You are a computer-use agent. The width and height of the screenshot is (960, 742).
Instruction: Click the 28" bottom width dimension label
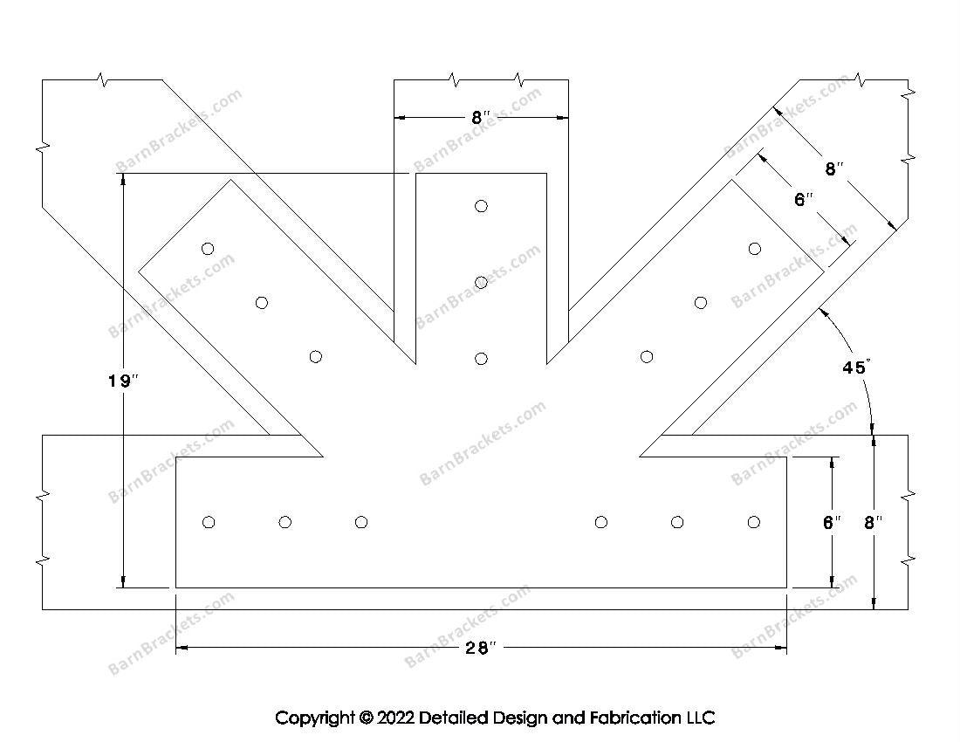point(481,647)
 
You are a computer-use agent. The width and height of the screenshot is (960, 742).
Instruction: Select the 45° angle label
point(854,368)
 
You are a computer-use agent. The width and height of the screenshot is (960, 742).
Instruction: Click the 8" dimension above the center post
point(481,118)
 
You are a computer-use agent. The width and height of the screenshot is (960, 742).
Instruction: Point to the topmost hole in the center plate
point(481,206)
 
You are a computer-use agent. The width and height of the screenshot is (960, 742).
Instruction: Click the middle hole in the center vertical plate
point(481,282)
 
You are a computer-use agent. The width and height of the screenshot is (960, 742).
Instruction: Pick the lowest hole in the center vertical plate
point(481,358)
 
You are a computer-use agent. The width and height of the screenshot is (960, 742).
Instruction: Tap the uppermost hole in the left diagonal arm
point(208,249)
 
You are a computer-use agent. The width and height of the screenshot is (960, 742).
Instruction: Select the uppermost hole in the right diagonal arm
point(755,249)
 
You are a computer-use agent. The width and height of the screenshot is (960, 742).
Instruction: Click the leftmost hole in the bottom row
point(209,522)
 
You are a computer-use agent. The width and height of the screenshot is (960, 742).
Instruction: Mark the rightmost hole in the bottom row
point(754,522)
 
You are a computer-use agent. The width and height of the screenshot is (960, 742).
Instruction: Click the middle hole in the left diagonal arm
point(262,303)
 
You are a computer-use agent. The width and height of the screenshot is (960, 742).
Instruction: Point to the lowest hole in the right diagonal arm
point(647,356)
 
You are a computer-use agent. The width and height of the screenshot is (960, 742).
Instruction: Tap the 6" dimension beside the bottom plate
point(832,522)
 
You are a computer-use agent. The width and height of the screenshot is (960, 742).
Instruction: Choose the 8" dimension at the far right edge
point(873,522)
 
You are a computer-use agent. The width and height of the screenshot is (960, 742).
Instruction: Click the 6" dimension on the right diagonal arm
point(804,199)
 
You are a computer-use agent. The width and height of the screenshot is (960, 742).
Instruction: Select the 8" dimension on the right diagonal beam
point(833,168)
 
